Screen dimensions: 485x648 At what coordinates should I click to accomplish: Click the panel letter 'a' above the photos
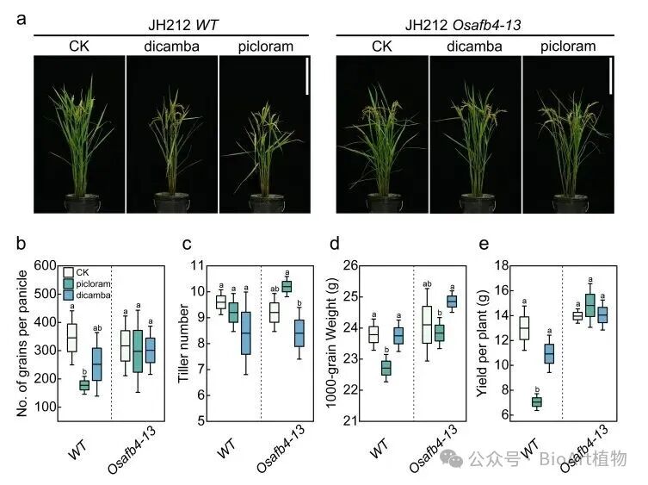(x=21, y=17)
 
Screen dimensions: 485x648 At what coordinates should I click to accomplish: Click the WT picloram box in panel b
(x=84, y=385)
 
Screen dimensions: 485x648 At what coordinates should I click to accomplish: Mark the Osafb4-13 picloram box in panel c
(x=287, y=286)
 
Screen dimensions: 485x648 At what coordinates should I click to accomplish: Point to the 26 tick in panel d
(x=353, y=265)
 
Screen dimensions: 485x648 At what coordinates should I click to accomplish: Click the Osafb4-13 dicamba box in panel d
(x=451, y=301)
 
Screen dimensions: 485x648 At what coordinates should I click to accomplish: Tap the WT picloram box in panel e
(x=536, y=402)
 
